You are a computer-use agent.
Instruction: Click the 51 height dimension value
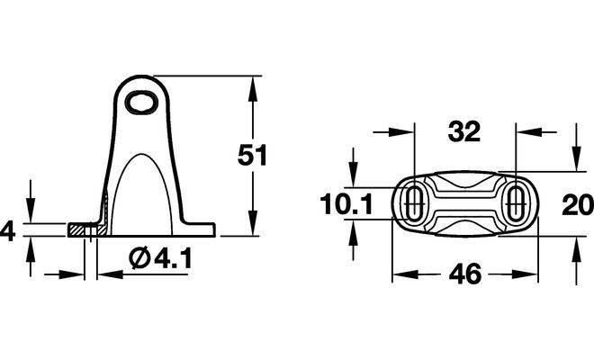coord(252,155)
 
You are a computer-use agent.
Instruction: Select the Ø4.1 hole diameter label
coord(160,258)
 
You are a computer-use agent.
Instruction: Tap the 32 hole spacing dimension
coord(464,132)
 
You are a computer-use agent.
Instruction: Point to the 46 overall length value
coord(464,274)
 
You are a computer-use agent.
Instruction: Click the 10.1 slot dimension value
coord(346,204)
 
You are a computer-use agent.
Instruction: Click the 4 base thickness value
coord(7,231)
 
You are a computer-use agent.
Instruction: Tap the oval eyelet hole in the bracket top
coord(141,102)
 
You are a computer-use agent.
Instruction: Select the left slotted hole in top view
coord(415,203)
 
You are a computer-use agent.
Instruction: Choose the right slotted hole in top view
coord(516,203)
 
